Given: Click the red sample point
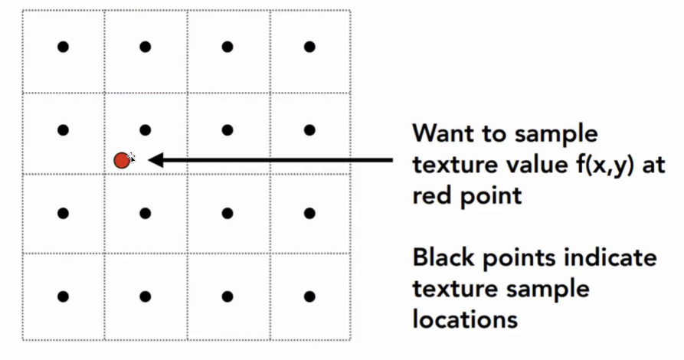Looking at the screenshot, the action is tap(121, 160).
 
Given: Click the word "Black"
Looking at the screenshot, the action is tap(447, 257).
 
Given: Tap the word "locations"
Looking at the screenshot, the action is tap(464, 318).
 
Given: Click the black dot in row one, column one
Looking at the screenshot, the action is tap(64, 47).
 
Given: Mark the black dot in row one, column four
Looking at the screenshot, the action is tap(309, 47).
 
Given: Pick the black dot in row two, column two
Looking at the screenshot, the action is tap(146, 129).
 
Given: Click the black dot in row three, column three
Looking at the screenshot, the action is tap(227, 213).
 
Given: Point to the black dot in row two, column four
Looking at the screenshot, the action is tap(309, 129).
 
